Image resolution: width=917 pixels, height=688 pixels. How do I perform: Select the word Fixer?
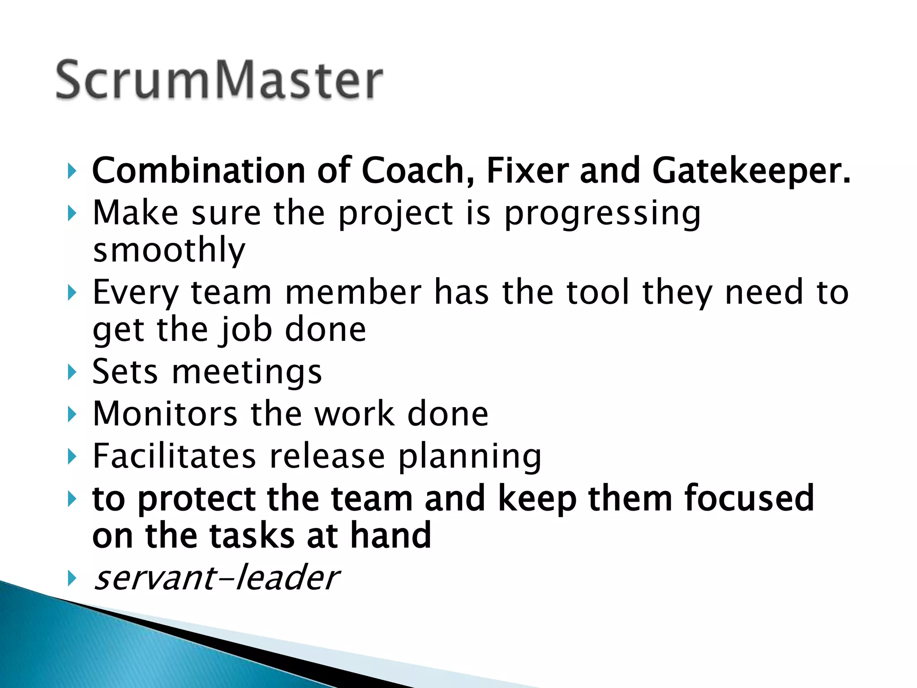(x=527, y=171)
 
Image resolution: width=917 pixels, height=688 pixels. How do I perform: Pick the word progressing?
(x=602, y=214)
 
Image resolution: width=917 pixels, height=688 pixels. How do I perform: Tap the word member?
(x=353, y=292)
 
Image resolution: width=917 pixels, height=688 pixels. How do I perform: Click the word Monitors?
(x=165, y=413)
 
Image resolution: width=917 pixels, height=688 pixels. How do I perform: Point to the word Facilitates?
(x=174, y=456)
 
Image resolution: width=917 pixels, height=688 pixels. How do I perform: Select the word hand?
(x=390, y=535)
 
